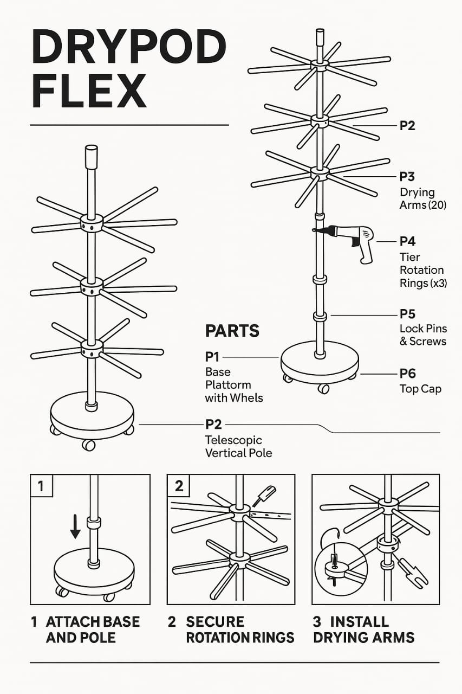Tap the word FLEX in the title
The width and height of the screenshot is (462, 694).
click(x=89, y=91)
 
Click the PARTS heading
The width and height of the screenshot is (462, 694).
click(x=232, y=331)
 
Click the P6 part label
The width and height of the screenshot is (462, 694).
click(x=407, y=374)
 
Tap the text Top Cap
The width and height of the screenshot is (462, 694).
click(x=420, y=389)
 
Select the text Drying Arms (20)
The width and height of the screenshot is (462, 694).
click(x=422, y=199)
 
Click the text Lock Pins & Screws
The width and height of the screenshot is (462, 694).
click(x=422, y=335)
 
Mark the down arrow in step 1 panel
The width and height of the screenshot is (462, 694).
click(x=75, y=525)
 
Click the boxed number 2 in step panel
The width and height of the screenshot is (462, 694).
click(x=179, y=486)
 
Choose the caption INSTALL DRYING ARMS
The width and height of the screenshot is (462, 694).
click(x=364, y=629)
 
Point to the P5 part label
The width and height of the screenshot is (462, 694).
click(x=407, y=314)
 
